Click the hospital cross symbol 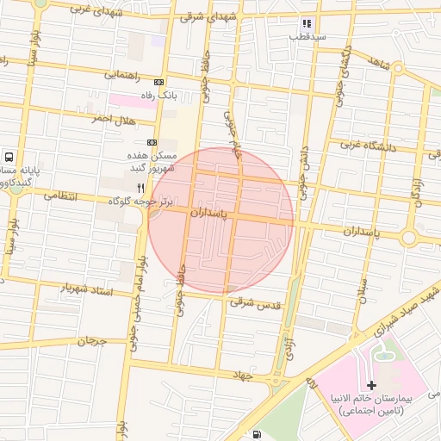(371, 385)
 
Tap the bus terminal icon (9, 158)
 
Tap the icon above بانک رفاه (158, 82)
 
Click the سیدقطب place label (307, 37)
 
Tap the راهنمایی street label (122, 75)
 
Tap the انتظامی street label (59, 197)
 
